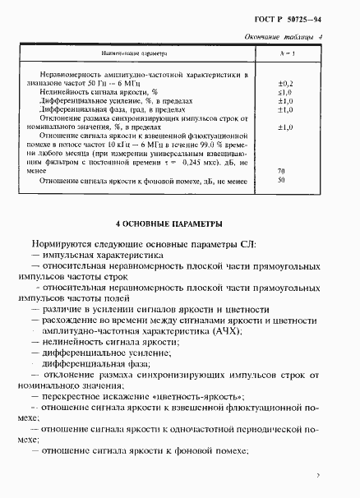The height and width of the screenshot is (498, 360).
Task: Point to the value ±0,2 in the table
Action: pyautogui.click(x=286, y=84)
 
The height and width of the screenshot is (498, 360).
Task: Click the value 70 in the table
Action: pyautogui.click(x=282, y=170)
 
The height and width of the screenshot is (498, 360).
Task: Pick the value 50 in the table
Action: pyautogui.click(x=282, y=179)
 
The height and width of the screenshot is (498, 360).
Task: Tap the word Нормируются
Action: pyautogui.click(x=60, y=244)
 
